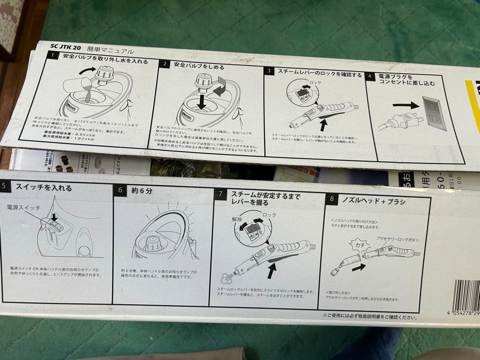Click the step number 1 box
pyautogui.click(x=53, y=56)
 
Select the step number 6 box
pyautogui.click(x=120, y=190)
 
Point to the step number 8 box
pyautogui.click(x=331, y=199)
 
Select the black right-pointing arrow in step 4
pyautogui.click(x=405, y=105)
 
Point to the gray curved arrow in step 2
pyautogui.click(x=220, y=91)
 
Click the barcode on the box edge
pyautogui.click(x=466, y=295)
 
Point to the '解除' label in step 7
pyautogui.click(x=237, y=219)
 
